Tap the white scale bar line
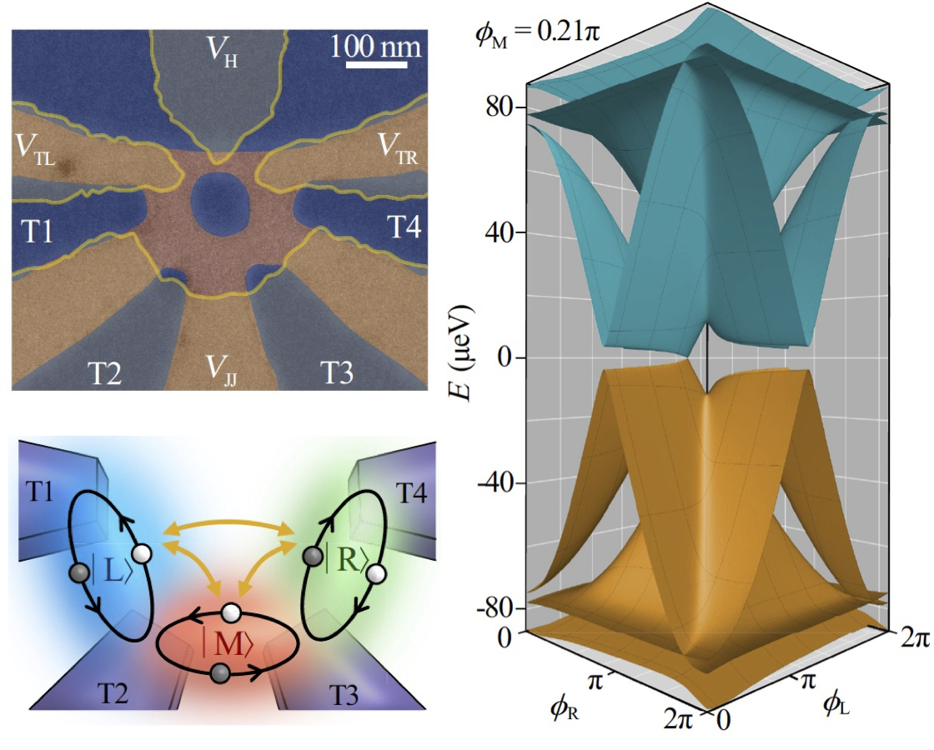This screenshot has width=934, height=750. point(375,64)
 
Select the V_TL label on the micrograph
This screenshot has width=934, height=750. point(35,149)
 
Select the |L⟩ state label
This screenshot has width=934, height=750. point(111,572)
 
